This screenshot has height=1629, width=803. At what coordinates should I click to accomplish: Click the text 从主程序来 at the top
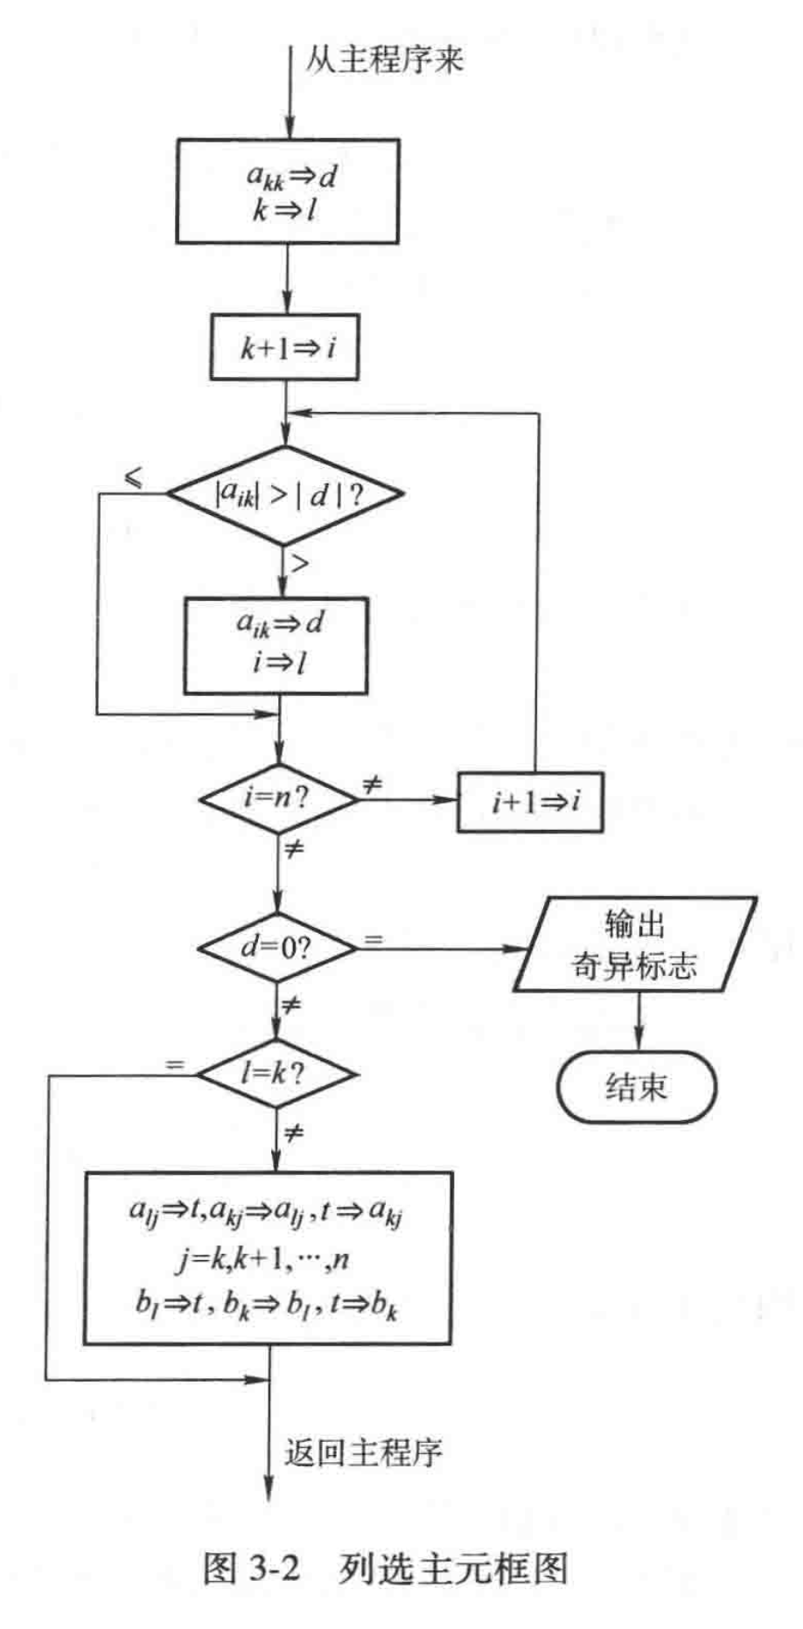point(383,59)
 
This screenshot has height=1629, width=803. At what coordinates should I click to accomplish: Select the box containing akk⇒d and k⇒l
point(287,191)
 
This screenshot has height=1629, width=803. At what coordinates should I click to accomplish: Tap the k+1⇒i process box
point(284,348)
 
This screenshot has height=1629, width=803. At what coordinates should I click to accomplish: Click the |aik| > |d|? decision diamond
point(285,495)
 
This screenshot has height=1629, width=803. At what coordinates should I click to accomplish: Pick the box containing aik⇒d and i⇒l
point(276,644)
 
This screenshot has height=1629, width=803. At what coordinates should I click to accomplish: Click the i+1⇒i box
point(530,802)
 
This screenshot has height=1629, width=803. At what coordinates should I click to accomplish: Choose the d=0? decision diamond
point(276,947)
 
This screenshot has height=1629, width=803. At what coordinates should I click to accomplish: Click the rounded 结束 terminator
point(636,1087)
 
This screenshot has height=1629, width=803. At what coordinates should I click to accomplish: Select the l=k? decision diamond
point(276,1073)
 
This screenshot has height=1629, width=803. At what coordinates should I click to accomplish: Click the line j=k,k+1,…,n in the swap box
point(268,1259)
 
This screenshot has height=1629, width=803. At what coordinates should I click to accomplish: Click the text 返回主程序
point(363,1452)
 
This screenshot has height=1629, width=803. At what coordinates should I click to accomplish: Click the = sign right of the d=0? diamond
point(374,940)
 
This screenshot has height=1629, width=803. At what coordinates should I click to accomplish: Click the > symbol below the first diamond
point(300,564)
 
